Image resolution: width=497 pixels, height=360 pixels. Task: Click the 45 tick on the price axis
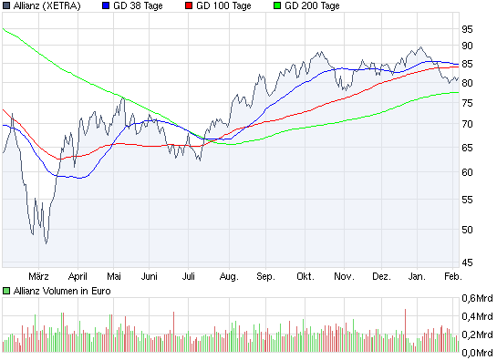click(x=467, y=263)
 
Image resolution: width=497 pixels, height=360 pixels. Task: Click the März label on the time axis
click(x=38, y=274)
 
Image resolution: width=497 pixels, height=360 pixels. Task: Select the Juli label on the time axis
click(x=190, y=274)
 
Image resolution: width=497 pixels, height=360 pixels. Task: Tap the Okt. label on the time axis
click(x=305, y=274)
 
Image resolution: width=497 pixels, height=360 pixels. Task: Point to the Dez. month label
click(x=381, y=274)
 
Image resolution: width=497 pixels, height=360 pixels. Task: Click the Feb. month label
click(x=452, y=274)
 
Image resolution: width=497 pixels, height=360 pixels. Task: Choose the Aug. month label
click(x=229, y=274)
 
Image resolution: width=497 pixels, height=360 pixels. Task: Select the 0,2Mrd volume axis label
click(x=476, y=334)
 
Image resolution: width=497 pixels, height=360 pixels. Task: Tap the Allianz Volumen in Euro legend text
click(x=60, y=291)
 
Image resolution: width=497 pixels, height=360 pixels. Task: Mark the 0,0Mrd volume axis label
click(x=476, y=352)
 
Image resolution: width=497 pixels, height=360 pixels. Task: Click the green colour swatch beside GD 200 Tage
click(x=277, y=6)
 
